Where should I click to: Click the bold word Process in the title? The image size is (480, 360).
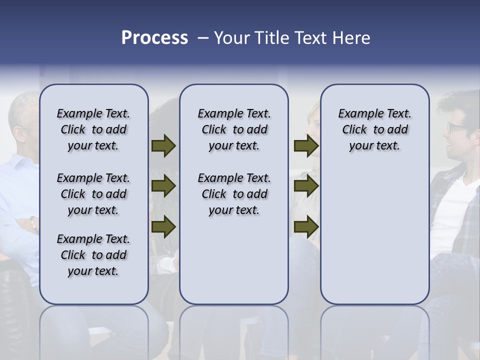click(154, 38)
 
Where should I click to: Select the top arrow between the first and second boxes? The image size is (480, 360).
click(163, 146)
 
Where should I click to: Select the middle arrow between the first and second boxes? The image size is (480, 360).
click(163, 186)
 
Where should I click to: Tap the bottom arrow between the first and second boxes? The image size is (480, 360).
click(163, 226)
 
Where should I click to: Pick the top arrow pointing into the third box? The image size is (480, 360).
click(306, 146)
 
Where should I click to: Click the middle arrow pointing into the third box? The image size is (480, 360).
click(306, 186)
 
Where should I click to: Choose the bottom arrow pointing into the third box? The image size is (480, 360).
click(306, 226)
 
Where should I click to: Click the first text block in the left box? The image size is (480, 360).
click(93, 129)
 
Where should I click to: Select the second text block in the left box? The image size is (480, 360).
click(93, 194)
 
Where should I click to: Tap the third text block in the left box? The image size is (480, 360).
click(93, 255)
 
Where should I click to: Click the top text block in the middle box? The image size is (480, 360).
click(234, 129)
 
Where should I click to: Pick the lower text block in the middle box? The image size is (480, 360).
click(234, 194)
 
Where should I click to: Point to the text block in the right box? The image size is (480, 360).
click(375, 129)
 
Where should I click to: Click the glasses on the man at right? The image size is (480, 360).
click(456, 127)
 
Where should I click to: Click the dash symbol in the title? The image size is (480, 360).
click(203, 38)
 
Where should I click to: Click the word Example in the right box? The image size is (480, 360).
click(357, 114)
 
